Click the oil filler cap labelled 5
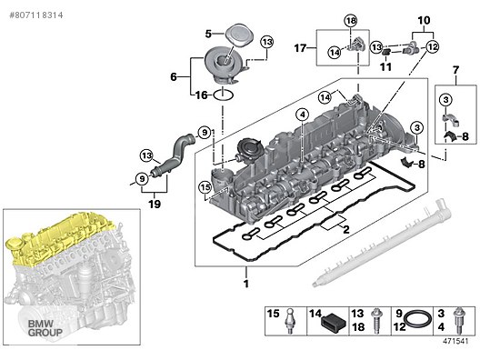coord(240,35)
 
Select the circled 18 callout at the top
coord(351,21)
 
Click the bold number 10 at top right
coord(424,21)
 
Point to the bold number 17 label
coord(300,48)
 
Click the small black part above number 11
coord(386,52)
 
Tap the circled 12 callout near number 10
coord(432,47)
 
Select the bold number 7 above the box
coord(455,70)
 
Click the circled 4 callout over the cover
coord(303,115)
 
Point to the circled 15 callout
coord(205,187)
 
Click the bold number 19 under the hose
coord(155,204)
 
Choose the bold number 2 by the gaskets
coord(346,229)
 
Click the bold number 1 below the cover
coord(245,284)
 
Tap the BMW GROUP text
coord(45,328)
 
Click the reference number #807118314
coord(36,15)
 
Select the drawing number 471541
coord(455,341)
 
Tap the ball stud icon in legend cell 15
coord(290,321)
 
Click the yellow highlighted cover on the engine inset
coord(61,239)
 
